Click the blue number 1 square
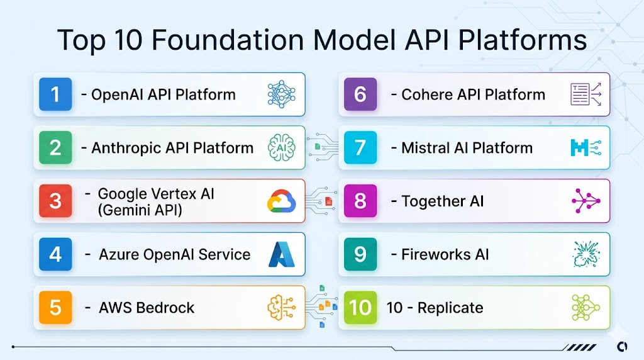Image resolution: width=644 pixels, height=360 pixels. tap(55, 94)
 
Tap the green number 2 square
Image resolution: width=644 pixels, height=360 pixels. tap(55, 148)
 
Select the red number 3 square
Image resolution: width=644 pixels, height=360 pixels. tap(55, 201)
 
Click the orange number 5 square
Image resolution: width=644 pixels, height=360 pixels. tap(55, 308)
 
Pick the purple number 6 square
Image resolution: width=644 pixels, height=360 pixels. tap(360, 94)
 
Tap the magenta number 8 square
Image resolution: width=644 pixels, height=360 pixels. tap(360, 201)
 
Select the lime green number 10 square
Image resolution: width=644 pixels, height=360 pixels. tap(360, 308)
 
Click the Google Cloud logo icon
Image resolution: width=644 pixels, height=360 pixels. tap(281, 202)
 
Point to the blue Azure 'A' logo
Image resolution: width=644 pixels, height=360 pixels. tap(281, 254)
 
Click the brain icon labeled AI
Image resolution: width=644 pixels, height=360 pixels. tap(281, 149)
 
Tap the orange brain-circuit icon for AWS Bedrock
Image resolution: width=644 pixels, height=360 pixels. tap(281, 308)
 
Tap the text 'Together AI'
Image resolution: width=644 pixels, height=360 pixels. tap(443, 201)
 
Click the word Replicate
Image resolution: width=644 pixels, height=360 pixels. tap(450, 308)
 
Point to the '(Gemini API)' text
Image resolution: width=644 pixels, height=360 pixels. tap(140, 210)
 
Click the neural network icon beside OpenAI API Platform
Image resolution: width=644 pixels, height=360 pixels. tap(281, 94)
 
